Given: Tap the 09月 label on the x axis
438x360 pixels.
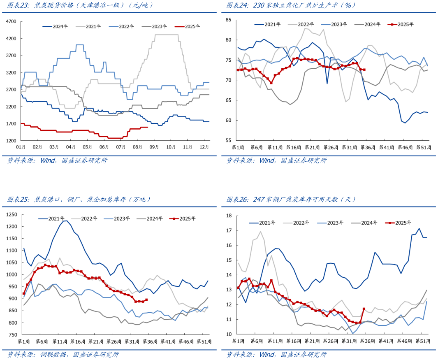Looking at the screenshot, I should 154,147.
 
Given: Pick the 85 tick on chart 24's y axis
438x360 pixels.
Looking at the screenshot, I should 229,20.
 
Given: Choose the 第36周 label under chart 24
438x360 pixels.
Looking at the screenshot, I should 366,147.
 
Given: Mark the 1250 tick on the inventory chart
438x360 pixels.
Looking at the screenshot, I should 12,214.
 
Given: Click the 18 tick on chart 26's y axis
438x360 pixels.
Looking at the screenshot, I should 229,216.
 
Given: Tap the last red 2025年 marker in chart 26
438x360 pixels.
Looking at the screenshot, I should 364,309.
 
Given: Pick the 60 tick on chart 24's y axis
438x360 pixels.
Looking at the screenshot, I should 229,121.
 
